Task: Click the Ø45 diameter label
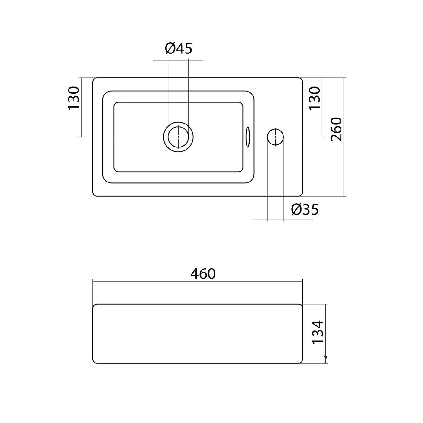pyautogui.click(x=179, y=48)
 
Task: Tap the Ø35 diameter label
pyautogui.click(x=305, y=210)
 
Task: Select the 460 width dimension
pyautogui.click(x=203, y=274)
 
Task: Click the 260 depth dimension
pyautogui.click(x=336, y=130)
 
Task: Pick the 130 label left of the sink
pyautogui.click(x=73, y=98)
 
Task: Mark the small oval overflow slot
pyautogui.click(x=248, y=137)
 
